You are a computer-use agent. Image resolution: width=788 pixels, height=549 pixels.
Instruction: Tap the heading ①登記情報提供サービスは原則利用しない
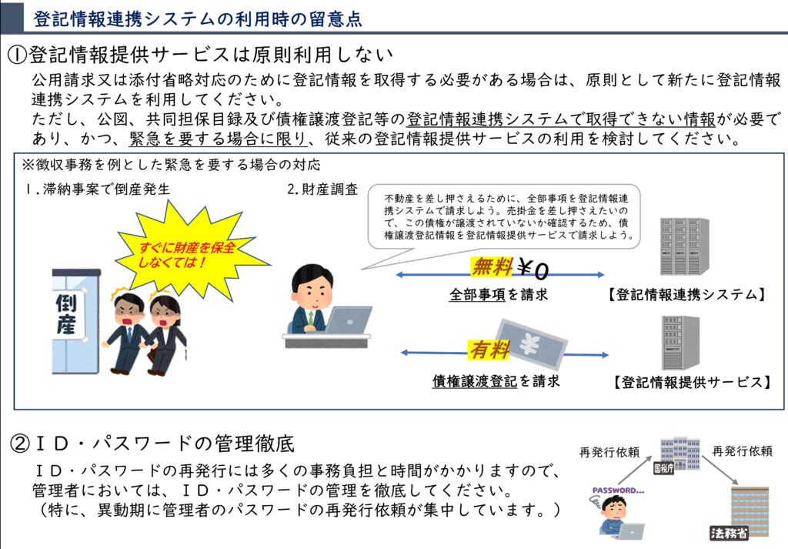[202, 55]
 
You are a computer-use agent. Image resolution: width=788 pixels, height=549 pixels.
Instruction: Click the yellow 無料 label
[491, 266]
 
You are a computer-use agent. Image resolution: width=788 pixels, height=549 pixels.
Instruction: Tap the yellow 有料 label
[489, 350]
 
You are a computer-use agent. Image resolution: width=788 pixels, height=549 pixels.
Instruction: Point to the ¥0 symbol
[533, 269]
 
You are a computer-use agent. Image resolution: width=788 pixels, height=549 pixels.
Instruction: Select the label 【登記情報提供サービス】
[692, 382]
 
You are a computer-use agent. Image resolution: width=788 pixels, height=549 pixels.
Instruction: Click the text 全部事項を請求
[499, 294]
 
